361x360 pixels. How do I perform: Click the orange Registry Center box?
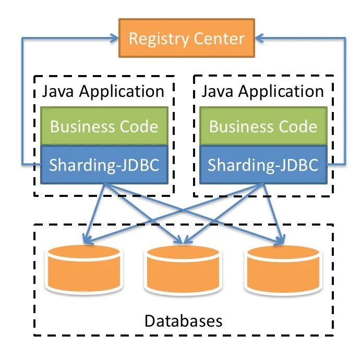click(186, 39)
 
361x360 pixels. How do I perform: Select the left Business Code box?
click(104, 126)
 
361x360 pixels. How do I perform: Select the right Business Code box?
click(263, 126)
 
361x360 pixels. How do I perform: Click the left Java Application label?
click(103, 92)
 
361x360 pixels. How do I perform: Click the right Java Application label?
click(262, 92)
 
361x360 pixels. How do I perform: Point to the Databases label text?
click(183, 319)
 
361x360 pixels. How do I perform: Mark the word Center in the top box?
click(219, 39)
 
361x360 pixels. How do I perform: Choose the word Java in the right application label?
click(215, 92)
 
